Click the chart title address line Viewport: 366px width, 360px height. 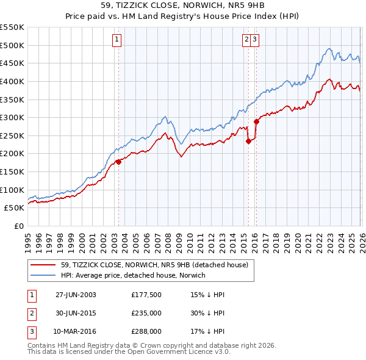(183, 5)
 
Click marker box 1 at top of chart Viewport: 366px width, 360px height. (117, 40)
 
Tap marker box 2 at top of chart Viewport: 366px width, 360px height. (247, 40)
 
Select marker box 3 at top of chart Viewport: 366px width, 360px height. (254, 40)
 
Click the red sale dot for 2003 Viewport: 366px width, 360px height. (118, 162)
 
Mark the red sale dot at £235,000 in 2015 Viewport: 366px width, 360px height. (248, 141)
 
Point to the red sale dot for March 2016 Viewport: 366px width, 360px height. (256, 121)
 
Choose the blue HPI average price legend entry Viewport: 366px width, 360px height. (133, 275)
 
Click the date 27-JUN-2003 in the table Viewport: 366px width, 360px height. (76, 294)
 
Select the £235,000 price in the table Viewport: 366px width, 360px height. (146, 313)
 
